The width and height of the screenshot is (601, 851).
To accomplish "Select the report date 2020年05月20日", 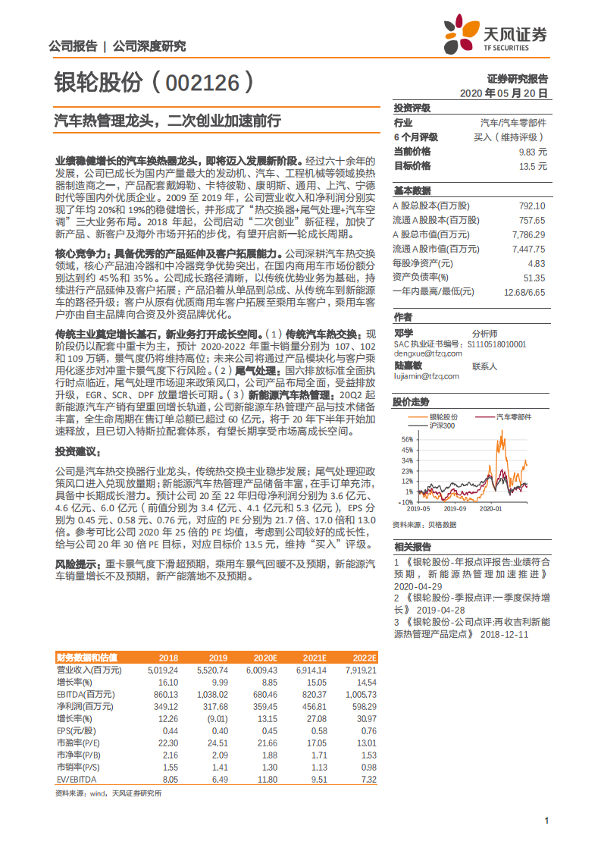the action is click(x=504, y=93).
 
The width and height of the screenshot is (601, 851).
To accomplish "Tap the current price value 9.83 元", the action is click(x=531, y=152).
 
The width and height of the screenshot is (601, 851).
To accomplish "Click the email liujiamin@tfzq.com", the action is click(x=426, y=375).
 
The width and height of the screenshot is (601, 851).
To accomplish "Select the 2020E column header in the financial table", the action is click(x=266, y=658).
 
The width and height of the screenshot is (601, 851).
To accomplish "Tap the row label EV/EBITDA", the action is click(x=76, y=779).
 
